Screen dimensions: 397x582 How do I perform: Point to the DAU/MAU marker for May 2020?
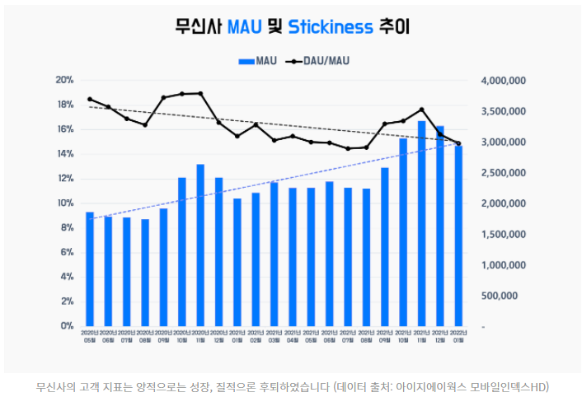tap(90, 99)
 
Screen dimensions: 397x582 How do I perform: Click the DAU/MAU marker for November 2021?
tap(421, 110)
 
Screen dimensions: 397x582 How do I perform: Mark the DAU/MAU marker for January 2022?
tap(458, 143)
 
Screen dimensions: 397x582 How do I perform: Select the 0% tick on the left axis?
tap(66, 326)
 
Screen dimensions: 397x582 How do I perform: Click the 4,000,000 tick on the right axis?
tap(502, 81)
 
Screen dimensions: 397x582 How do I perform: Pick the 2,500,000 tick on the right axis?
tap(502, 173)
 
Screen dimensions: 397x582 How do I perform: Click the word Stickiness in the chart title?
tap(331, 27)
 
